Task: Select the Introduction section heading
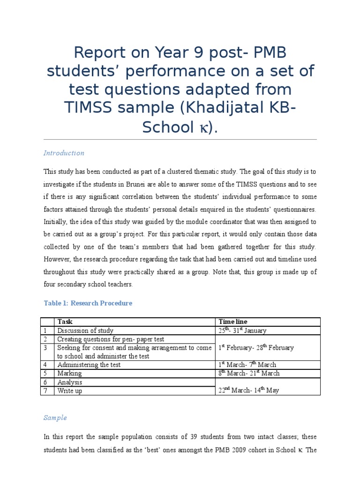[64, 153]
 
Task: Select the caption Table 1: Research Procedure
[88, 303]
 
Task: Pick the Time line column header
[233, 322]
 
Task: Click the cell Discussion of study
[85, 330]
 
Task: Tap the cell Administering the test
[89, 365]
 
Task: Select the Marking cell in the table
[69, 374]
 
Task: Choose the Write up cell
[69, 390]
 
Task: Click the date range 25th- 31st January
[242, 330]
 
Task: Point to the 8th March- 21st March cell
[249, 374]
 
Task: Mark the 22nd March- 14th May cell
[248, 390]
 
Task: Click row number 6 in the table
[46, 382]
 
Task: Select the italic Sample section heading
[55, 418]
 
